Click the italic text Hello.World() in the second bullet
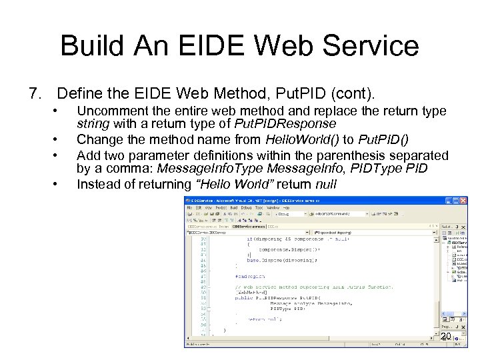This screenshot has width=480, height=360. point(302,140)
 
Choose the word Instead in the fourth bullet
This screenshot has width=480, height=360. point(97,183)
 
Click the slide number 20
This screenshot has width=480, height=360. point(445,337)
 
